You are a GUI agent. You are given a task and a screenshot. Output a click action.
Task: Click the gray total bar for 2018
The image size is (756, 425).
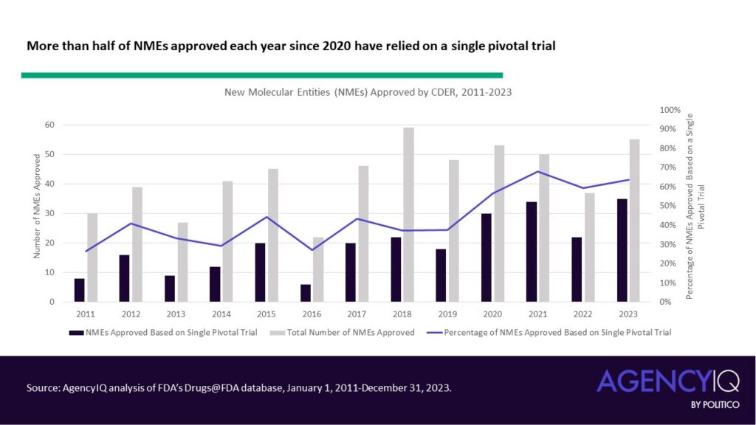coord(408,215)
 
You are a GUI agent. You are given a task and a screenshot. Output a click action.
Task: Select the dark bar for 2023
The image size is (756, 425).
coord(622,250)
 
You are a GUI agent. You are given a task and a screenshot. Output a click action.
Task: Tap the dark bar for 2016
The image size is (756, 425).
coord(306,293)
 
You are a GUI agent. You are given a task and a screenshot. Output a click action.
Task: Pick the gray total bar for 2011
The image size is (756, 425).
coord(92,258)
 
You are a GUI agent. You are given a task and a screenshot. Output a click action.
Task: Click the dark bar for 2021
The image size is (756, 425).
coord(532,252)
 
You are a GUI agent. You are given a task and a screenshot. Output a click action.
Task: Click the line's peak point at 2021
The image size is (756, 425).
coord(538,171)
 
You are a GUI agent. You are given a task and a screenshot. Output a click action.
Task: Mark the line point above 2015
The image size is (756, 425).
coord(267,217)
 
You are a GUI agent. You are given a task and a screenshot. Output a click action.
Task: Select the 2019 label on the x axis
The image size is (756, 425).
coord(448,314)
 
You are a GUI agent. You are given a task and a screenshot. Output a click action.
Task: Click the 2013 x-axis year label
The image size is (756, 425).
coord(177,314)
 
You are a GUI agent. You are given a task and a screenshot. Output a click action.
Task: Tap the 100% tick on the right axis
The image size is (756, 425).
coord(670,110)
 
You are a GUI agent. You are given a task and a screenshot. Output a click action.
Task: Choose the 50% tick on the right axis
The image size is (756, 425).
coord(668,206)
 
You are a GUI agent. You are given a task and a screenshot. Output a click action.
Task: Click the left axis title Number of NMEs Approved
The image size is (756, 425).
coord(36,206)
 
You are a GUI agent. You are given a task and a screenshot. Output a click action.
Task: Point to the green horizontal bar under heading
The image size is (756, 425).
coord(262,75)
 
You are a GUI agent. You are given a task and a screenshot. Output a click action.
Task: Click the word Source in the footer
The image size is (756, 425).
coord(43,387)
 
